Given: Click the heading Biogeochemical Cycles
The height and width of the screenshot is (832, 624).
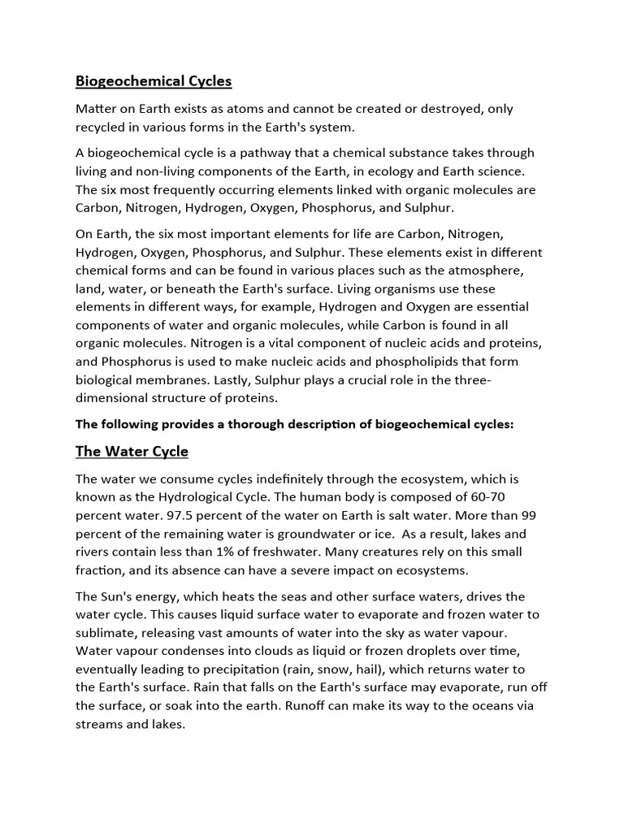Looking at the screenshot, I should (154, 81).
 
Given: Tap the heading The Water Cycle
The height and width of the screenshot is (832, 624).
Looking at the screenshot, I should (132, 451).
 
